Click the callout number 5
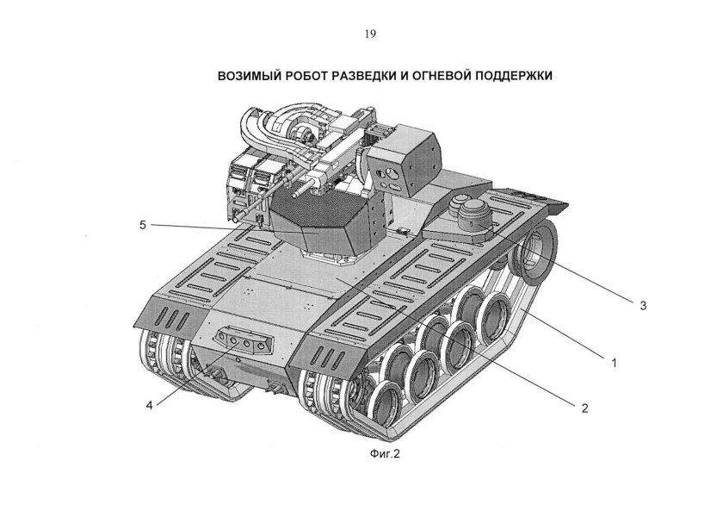coord(141,225)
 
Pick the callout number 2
coord(584,408)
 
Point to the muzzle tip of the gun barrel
coord(235,219)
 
